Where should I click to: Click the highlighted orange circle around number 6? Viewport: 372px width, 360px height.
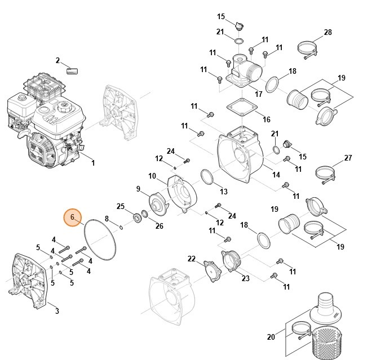[72, 217]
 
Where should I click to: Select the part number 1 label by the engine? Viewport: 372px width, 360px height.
[93, 163]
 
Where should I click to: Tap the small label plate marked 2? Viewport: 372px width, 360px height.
[72, 71]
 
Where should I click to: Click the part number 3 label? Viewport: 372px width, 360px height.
[57, 310]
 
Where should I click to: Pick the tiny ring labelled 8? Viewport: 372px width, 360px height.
[121, 228]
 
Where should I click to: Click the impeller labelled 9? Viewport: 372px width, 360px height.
[158, 204]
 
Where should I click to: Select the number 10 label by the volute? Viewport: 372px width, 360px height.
[152, 176]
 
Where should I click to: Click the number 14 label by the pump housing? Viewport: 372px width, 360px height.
[276, 175]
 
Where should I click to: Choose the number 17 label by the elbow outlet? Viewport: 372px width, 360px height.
[258, 94]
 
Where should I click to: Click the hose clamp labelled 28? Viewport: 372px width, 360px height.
[308, 50]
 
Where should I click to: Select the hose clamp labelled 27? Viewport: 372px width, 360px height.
[325, 174]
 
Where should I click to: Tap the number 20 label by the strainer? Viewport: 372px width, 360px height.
[271, 337]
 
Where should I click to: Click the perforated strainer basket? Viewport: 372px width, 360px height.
[327, 342]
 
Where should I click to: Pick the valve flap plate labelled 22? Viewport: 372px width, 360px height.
[212, 271]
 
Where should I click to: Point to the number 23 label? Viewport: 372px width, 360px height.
[246, 278]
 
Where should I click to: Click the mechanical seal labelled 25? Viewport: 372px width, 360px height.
[137, 217]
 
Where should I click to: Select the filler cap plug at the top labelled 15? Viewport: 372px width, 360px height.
[240, 25]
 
